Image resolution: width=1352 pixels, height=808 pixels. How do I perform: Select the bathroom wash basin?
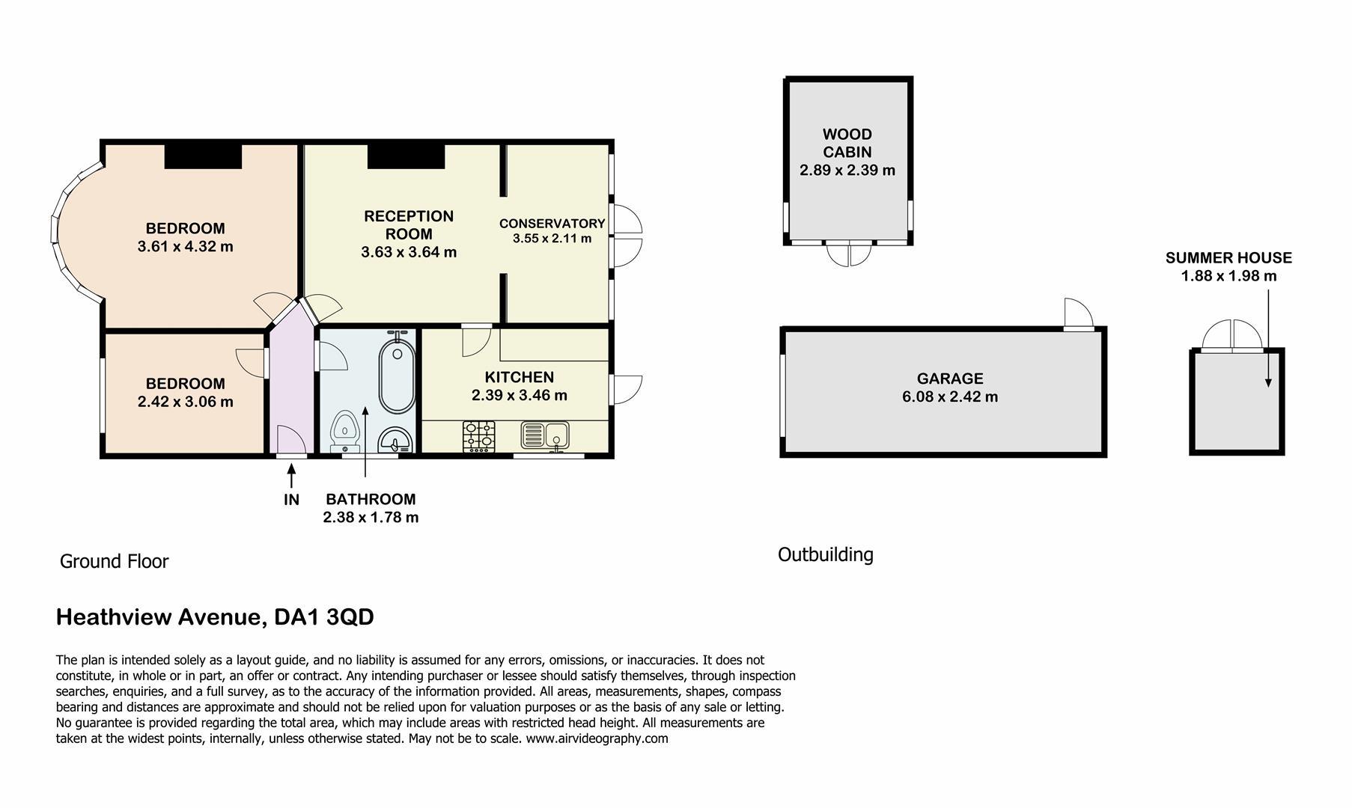coord(395,440)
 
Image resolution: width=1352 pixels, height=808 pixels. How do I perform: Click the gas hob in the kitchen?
coord(479,436)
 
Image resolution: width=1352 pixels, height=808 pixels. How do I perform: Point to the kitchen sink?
coord(544,435)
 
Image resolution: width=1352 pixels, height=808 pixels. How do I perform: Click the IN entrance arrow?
coord(291,475)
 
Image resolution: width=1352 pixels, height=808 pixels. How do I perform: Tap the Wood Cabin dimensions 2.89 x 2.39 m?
coord(847,170)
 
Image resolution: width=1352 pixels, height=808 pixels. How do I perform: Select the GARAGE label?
coord(950,379)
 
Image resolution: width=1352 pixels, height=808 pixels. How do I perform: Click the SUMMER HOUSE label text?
coord(1228,258)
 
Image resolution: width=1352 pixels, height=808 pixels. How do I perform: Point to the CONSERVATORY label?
coord(552,223)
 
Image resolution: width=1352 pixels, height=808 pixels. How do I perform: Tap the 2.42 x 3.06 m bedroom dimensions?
coord(186,402)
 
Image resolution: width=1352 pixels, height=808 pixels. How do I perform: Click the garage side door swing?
coord(1078,313)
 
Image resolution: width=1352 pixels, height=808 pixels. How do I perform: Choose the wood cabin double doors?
coord(850,254)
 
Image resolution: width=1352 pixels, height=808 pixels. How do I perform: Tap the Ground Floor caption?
coord(115,561)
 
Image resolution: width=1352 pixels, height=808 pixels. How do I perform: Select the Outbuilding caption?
coord(826,554)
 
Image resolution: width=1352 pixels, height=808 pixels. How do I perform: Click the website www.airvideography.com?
coord(597,738)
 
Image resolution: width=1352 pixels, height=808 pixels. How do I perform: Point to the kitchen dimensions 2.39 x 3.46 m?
coord(520,395)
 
